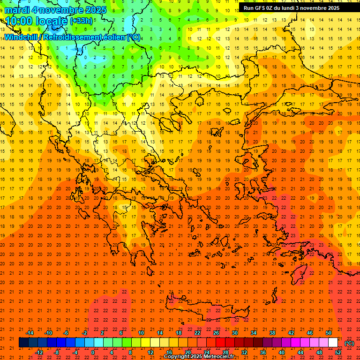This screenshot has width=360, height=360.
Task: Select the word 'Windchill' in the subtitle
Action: (21, 37)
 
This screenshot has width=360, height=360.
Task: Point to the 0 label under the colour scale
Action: (93, 352)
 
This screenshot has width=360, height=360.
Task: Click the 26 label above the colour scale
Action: (216, 332)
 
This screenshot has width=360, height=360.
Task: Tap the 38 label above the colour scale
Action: (272, 332)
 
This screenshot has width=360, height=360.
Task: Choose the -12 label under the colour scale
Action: (39, 352)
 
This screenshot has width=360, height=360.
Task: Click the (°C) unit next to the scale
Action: (349, 343)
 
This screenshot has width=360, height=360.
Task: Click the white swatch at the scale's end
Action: (333, 343)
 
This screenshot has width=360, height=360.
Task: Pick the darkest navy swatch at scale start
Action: (23, 343)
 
